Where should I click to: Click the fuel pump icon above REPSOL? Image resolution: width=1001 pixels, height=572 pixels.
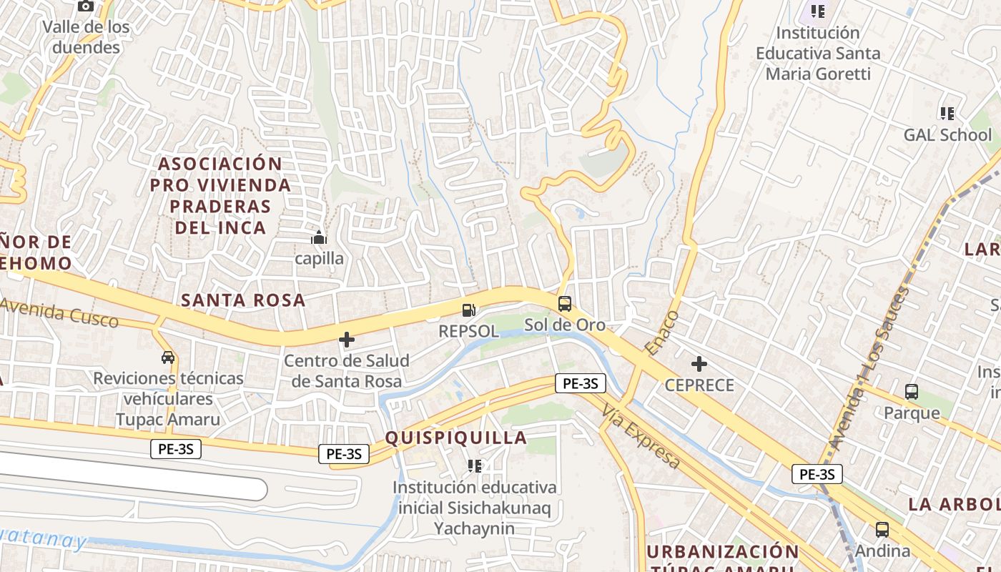tap(469, 310)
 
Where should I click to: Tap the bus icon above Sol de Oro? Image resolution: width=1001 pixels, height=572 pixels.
tap(564, 304)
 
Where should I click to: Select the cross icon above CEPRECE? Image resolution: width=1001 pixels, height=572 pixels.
tap(699, 364)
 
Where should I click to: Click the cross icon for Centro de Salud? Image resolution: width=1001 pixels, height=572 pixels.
tap(347, 340)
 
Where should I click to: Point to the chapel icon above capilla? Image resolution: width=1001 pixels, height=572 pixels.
tap(319, 237)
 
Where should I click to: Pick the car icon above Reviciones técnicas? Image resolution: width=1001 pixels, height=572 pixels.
tap(168, 357)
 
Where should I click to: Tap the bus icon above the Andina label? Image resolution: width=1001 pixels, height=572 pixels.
tap(882, 530)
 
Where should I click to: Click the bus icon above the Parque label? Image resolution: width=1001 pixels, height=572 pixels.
tap(912, 392)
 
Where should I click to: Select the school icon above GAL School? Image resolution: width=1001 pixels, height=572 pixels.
tap(947, 113)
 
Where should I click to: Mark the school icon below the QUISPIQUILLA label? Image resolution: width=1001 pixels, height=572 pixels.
tap(474, 466)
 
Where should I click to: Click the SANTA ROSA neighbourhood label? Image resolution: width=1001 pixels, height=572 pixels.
tap(243, 300)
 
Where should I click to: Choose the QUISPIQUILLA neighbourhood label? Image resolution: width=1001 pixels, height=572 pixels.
tap(456, 438)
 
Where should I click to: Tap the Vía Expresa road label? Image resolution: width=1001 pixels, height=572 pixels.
tap(641, 436)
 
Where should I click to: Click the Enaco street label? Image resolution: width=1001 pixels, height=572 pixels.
tap(661, 332)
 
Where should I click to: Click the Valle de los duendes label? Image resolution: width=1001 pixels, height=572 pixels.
tap(86, 37)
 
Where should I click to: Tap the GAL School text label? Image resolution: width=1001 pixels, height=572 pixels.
tap(947, 135)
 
